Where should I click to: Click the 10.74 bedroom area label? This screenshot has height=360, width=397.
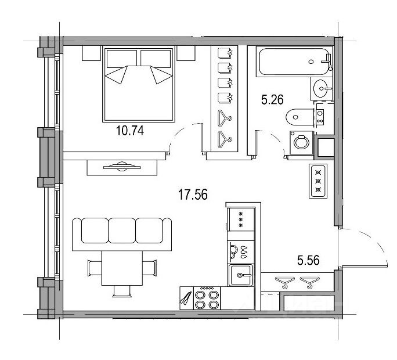coord(130,131)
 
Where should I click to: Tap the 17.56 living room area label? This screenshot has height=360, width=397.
coord(193,195)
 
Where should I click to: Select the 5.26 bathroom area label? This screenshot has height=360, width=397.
coord(272,99)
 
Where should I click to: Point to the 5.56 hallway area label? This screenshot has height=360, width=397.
coord(308,260)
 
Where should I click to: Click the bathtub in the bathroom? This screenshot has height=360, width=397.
coord(294,62)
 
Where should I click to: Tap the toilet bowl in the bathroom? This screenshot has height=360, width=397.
coord(300,117)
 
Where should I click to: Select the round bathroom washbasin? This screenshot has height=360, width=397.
coord(322,88)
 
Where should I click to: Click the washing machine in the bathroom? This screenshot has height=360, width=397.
coord(301,142)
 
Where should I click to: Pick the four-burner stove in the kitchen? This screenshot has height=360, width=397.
coord(207,298)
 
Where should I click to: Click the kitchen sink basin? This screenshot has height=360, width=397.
coord(240,275)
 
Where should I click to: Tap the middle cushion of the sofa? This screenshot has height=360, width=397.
coord(122,231)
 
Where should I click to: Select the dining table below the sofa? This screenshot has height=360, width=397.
coord(122,268)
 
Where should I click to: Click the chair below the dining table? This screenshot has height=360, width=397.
coord(122,291)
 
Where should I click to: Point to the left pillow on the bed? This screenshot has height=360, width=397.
coord(121,59)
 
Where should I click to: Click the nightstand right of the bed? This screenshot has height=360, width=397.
coord(186,53)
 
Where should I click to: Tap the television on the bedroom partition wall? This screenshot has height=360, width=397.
coord(122,167)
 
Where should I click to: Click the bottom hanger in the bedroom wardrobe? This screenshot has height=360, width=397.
coord(225,139)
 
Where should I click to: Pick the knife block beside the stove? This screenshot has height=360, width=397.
coord(186,298)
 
